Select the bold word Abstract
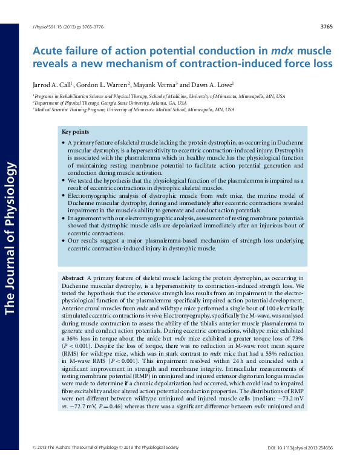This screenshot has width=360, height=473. point(73,277)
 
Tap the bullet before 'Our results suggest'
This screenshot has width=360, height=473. point(64,240)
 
